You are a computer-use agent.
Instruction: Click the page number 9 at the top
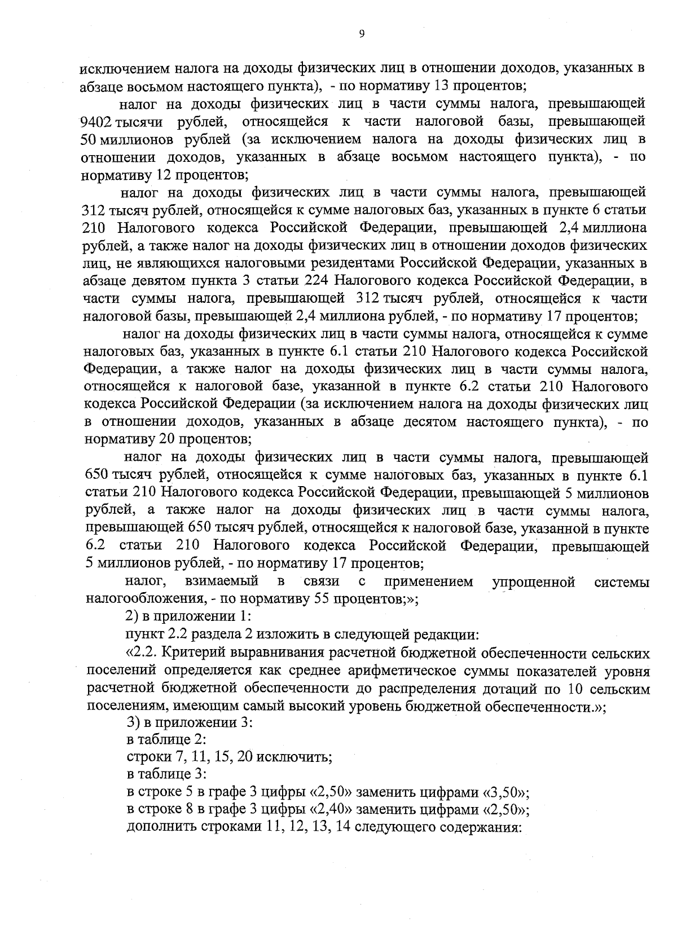362,34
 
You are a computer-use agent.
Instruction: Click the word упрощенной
534,581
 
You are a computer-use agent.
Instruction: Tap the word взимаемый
221,581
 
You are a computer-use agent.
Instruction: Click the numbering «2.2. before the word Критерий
142,653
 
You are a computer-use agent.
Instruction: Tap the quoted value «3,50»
505,792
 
